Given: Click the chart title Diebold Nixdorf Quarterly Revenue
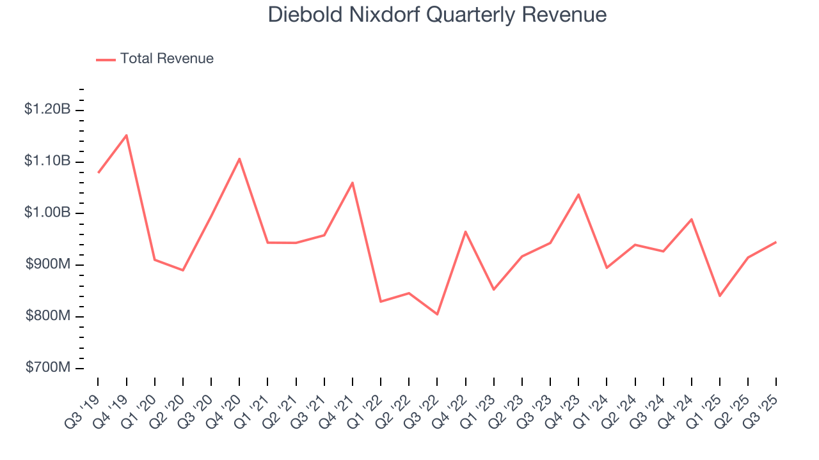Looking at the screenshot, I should (x=437, y=15).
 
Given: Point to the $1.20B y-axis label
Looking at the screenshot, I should (x=47, y=109).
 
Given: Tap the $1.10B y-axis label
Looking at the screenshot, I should (x=47, y=161).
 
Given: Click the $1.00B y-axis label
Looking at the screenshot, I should (x=47, y=213).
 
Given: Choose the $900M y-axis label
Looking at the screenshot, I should (x=49, y=264).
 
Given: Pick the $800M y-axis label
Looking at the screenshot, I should (x=49, y=316).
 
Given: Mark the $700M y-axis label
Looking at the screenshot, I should (x=49, y=368).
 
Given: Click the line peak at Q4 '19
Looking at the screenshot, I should (x=127, y=135).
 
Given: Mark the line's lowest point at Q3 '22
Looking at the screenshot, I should (x=438, y=314).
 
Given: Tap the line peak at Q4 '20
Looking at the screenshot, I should (x=239, y=158).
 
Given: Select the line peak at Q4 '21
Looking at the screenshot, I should (x=353, y=183).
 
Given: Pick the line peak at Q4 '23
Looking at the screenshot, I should (x=578, y=194).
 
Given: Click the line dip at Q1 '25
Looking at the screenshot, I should (x=720, y=296).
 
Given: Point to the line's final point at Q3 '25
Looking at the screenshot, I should (x=776, y=242).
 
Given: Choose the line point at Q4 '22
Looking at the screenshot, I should (x=465, y=231).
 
